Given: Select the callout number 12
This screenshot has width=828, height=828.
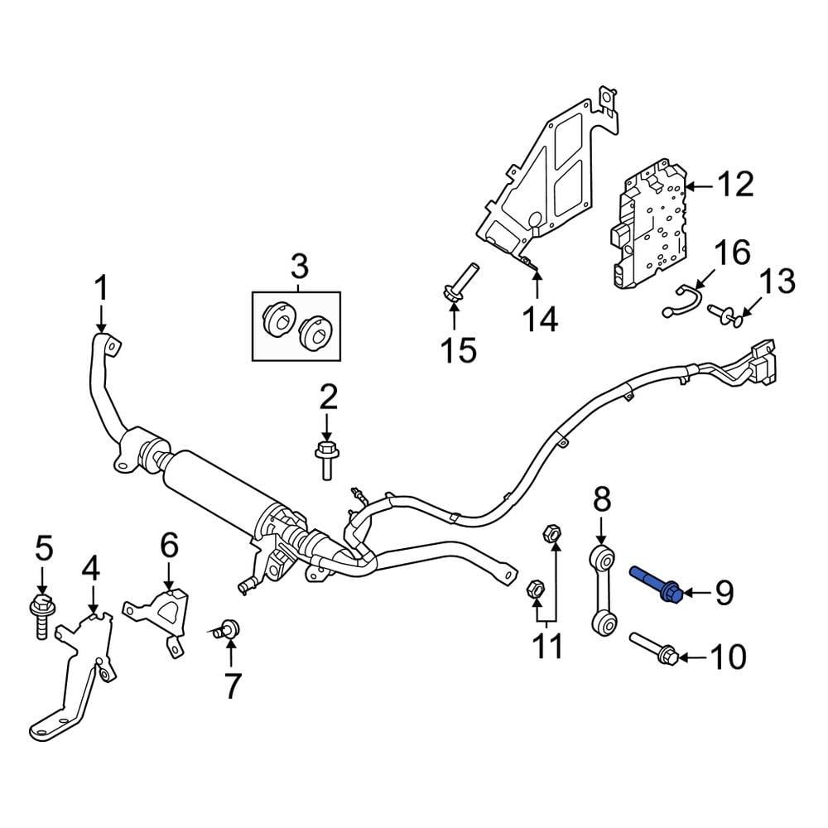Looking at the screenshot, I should [734, 185].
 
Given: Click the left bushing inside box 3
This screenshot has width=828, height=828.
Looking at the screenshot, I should [278, 321].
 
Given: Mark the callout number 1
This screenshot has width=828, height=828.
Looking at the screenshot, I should [101, 290].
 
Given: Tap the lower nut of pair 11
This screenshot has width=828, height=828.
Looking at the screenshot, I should [534, 590].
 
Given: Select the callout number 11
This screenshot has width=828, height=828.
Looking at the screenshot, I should [546, 645].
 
